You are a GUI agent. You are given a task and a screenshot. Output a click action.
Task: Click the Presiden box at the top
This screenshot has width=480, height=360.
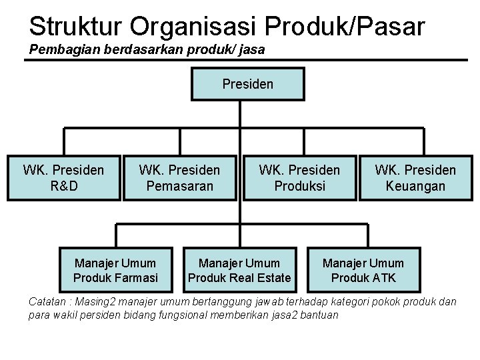(247, 85)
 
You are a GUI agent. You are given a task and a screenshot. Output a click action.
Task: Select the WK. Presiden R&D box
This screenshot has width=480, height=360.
(64, 178)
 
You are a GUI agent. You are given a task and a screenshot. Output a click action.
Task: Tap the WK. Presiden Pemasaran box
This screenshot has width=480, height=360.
(180, 178)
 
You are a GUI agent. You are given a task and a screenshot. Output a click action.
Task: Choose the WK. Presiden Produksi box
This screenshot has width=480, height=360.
(299, 178)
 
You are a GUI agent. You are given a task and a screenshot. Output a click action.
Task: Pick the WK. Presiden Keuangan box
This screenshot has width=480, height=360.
(415, 178)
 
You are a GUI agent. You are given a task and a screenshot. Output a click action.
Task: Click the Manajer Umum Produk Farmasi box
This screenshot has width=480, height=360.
(115, 270)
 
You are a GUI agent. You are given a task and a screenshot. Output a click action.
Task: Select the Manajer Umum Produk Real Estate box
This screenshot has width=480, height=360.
(239, 270)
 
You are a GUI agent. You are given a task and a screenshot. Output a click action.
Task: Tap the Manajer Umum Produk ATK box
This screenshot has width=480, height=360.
(363, 270)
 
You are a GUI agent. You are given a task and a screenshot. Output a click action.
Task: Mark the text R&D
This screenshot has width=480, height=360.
(64, 186)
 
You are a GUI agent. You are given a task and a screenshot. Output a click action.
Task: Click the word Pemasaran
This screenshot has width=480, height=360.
(180, 186)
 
